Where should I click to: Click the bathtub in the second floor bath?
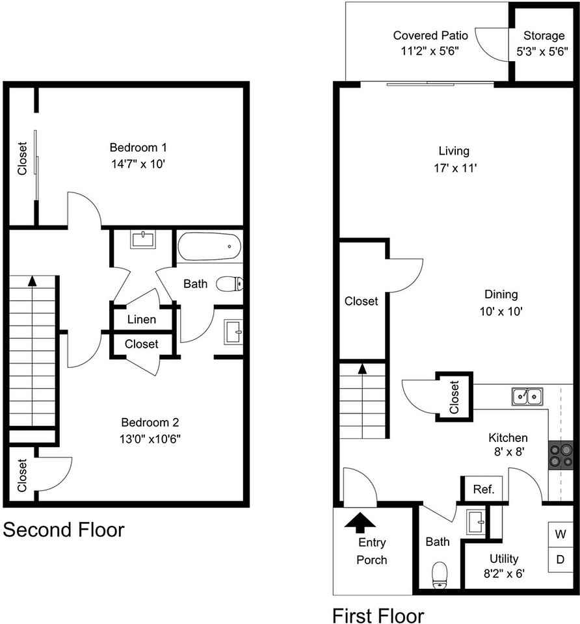click(x=209, y=247)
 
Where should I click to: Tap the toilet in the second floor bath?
click(x=230, y=284)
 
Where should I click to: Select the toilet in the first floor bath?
click(x=440, y=574)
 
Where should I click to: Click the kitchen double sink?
click(x=527, y=396)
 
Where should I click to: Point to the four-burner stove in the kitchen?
click(x=561, y=455)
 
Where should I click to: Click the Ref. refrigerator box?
click(x=484, y=489)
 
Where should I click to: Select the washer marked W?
click(x=560, y=534)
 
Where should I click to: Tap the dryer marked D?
click(x=560, y=560)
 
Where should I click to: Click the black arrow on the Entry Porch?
click(x=360, y=523)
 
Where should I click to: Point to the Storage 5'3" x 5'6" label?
click(x=542, y=44)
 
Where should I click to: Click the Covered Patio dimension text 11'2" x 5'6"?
click(x=430, y=51)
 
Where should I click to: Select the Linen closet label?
click(x=141, y=319)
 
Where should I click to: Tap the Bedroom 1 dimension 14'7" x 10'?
click(x=138, y=164)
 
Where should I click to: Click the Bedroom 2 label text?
click(x=150, y=422)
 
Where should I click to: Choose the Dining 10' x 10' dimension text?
click(x=501, y=311)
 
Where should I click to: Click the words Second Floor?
click(x=64, y=530)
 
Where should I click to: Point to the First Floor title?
click(x=378, y=616)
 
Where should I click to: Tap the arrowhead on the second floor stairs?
click(x=33, y=281)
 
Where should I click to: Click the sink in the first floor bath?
click(x=476, y=522)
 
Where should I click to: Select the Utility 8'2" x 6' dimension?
click(x=504, y=573)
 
